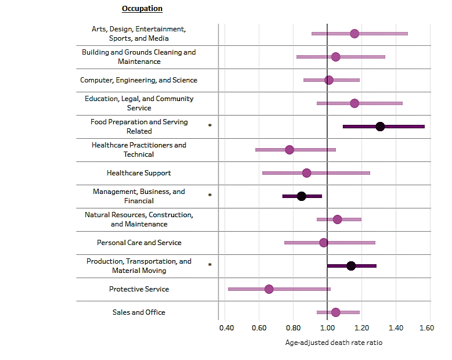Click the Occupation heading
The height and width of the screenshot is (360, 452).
(142, 9)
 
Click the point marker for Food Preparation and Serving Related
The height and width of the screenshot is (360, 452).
(380, 127)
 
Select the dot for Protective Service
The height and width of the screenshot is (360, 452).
(269, 289)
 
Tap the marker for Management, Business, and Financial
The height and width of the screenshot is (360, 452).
(302, 196)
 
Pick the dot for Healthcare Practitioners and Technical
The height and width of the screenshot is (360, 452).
(289, 150)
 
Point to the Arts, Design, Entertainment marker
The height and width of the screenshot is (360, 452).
(354, 34)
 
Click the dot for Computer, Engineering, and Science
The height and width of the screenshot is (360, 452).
(329, 80)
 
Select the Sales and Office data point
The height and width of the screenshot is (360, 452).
(335, 312)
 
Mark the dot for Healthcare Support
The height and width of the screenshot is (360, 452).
(307, 173)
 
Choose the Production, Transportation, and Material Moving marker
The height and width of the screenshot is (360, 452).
(351, 266)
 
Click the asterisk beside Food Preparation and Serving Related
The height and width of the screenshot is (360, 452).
(210, 126)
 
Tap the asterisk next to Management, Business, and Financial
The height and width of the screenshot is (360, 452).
(210, 196)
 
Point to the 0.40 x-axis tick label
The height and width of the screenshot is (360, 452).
(227, 329)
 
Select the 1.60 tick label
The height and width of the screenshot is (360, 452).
(426, 329)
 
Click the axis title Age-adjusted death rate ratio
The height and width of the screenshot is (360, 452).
(333, 343)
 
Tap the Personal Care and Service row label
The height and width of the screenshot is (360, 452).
(139, 243)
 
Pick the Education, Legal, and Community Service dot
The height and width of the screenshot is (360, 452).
(354, 103)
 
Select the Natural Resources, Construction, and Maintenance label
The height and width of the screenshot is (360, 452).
(139, 219)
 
